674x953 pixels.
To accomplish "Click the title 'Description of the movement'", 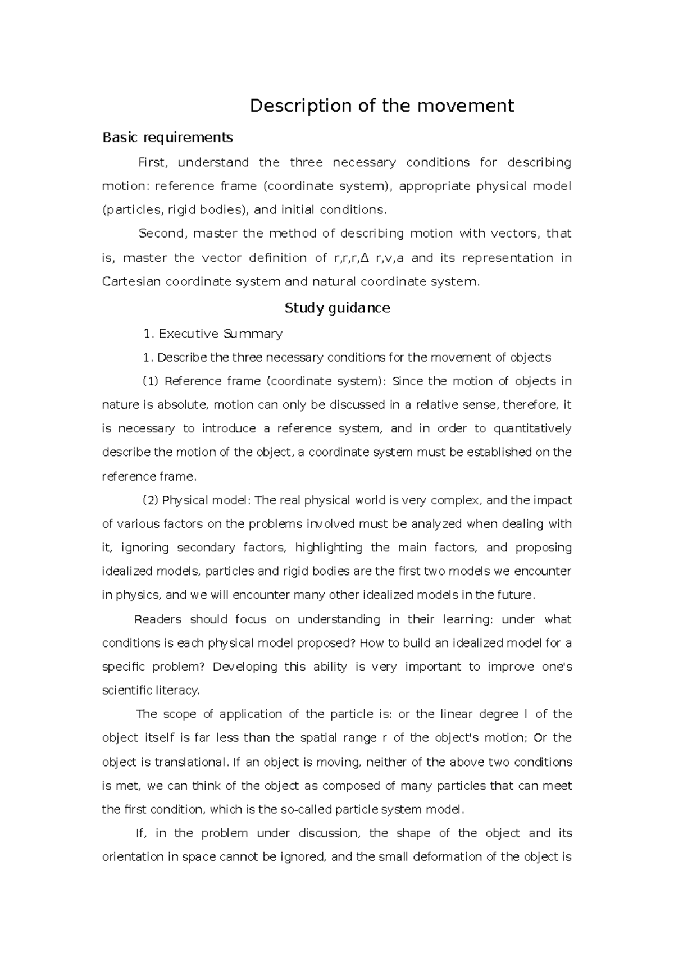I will [x=382, y=106].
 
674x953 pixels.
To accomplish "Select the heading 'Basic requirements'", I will [x=167, y=137].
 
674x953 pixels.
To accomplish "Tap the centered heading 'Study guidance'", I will [x=337, y=308].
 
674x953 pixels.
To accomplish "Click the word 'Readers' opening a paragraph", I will [x=158, y=619].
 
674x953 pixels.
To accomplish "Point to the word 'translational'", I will [x=192, y=762].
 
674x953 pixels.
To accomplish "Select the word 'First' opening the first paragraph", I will [x=153, y=163].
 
